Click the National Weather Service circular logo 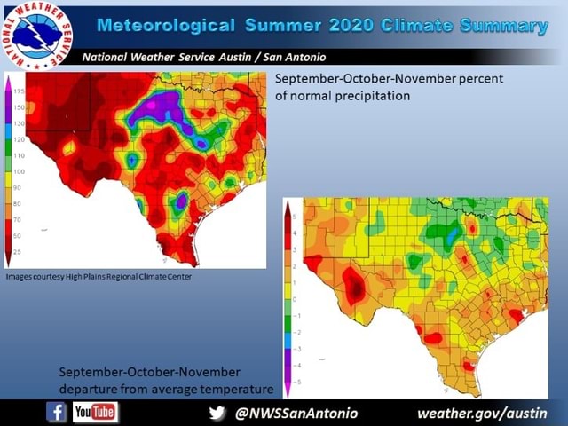click(36, 36)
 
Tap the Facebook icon click(56, 413)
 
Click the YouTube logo click(95, 413)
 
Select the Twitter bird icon click(217, 414)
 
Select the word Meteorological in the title click(165, 25)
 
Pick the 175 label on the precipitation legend click(17, 91)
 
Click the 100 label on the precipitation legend click(17, 171)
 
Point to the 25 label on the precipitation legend click(17, 252)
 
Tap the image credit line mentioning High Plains click(99, 277)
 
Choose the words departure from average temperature click(166, 389)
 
